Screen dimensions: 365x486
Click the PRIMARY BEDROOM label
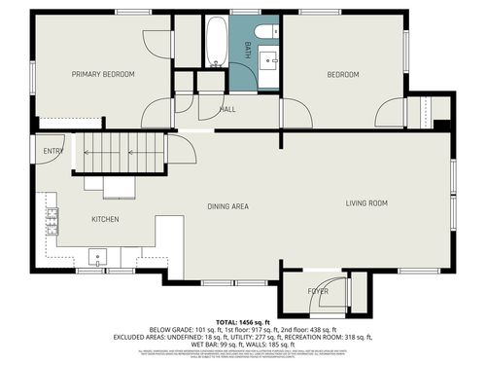pyautogui.click(x=103, y=74)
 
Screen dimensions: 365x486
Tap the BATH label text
pyautogui.click(x=248, y=51)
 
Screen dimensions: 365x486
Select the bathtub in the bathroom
pyautogui.click(x=217, y=45)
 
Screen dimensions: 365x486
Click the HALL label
pyautogui.click(x=227, y=109)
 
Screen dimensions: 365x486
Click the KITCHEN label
pyautogui.click(x=105, y=219)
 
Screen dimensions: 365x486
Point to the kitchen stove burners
pyautogui.click(x=50, y=224)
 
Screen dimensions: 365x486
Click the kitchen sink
pyautogui.click(x=98, y=258)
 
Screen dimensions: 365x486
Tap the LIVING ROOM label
pyautogui.click(x=367, y=202)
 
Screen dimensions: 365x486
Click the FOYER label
pyautogui.click(x=318, y=291)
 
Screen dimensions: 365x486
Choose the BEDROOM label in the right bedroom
pyautogui.click(x=342, y=75)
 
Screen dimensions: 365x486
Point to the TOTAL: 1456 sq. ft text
pyautogui.click(x=242, y=320)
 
